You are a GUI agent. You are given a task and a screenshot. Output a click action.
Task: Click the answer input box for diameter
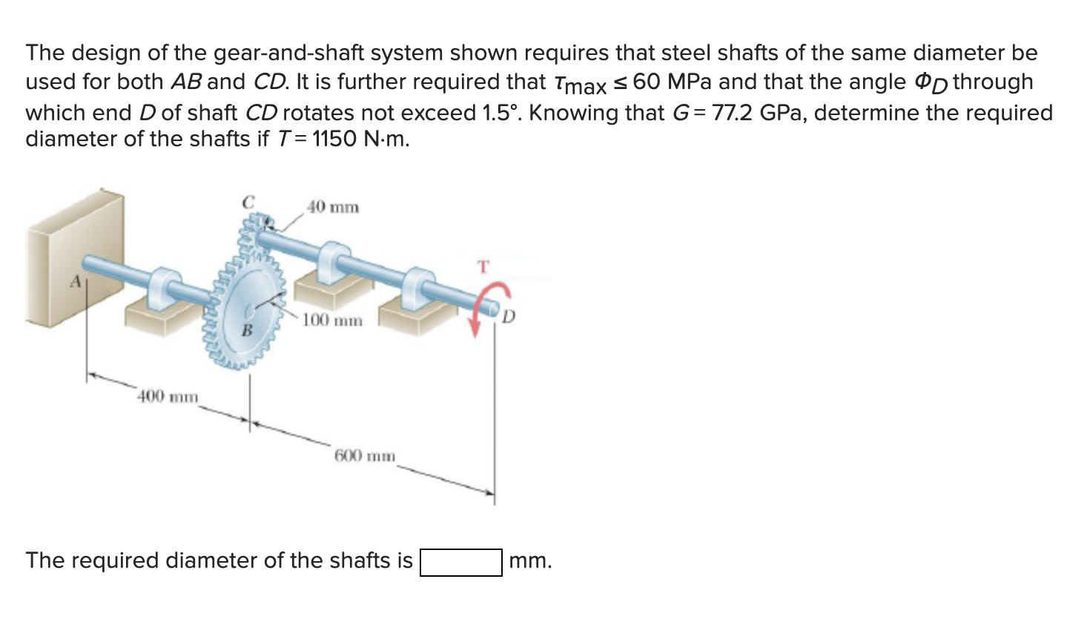pyautogui.click(x=461, y=562)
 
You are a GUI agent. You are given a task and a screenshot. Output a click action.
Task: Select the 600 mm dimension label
pyautogui.click(x=365, y=455)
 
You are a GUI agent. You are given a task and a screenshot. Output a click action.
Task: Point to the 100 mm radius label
pyautogui.click(x=333, y=321)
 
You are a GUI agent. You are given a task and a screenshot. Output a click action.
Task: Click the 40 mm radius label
pyautogui.click(x=333, y=207)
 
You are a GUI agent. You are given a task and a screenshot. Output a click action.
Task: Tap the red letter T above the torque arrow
pyautogui.click(x=483, y=266)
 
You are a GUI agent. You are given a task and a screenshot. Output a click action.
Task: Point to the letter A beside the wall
pyautogui.click(x=75, y=282)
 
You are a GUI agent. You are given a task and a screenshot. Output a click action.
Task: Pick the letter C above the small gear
pyautogui.click(x=248, y=201)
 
